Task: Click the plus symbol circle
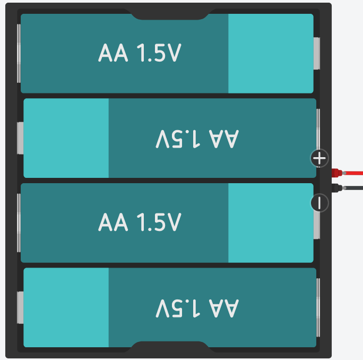coord(319,158)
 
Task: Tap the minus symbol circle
coord(319,202)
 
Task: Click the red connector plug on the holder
coord(336,173)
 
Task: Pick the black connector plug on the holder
coord(336,187)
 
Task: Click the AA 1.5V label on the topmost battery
coord(140,53)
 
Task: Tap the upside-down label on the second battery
coord(197,139)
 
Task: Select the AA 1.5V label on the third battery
coord(140,222)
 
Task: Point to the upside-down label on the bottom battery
coord(197,308)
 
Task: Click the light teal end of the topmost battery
coord(271,54)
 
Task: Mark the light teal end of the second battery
coord(66,138)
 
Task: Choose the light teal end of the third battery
coord(271,223)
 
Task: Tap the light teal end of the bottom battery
coord(66,307)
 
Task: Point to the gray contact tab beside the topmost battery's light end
coord(317,53)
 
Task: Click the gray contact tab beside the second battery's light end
coord(21,138)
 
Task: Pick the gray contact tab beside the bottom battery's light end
coord(21,307)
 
